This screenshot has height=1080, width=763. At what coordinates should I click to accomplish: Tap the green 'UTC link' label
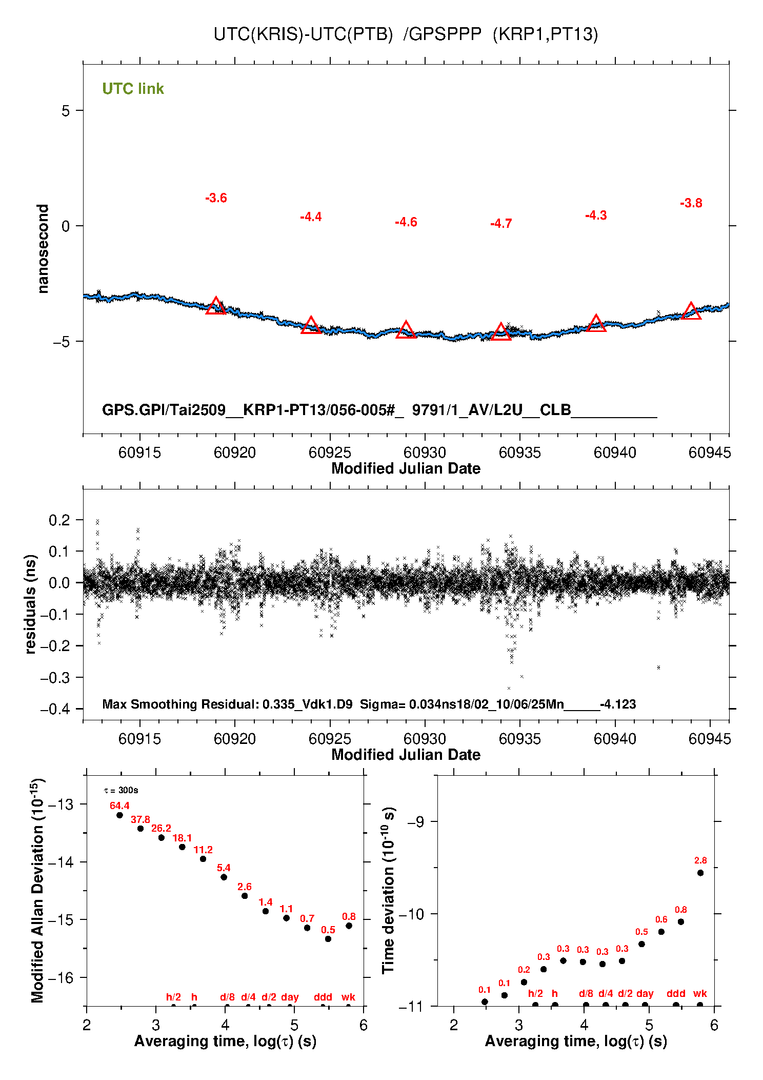coord(133,89)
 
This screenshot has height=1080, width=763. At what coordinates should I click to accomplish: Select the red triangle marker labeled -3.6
coord(216,306)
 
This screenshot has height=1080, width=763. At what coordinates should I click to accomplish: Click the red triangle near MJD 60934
coord(501,332)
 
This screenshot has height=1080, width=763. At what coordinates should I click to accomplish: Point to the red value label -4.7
coord(501,224)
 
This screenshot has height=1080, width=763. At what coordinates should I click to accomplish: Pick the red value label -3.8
coord(691,203)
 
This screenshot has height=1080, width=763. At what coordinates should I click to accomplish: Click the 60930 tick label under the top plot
coord(425,453)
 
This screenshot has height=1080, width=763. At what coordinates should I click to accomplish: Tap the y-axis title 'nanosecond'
coord(43,249)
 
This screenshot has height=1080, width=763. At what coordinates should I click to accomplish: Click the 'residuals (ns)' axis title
coord(31,604)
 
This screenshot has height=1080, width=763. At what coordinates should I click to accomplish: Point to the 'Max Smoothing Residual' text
coord(180,704)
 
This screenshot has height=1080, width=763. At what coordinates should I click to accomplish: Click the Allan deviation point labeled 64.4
coord(119,815)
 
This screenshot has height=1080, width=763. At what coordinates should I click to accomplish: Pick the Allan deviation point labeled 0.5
coord(328,939)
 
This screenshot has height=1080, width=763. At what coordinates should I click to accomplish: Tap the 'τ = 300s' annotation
coord(121,790)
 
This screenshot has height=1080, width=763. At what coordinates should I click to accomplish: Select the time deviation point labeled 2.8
coord(700,873)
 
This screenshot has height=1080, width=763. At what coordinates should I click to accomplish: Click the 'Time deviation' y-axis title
coord(388,891)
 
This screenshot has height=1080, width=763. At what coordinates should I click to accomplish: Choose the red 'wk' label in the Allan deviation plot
coord(348,997)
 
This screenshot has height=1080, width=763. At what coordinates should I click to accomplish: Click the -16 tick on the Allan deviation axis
coord(60,978)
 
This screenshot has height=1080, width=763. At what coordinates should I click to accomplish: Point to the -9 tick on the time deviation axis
coord(415,822)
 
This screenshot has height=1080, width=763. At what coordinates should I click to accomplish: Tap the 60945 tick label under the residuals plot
coord(710,739)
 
